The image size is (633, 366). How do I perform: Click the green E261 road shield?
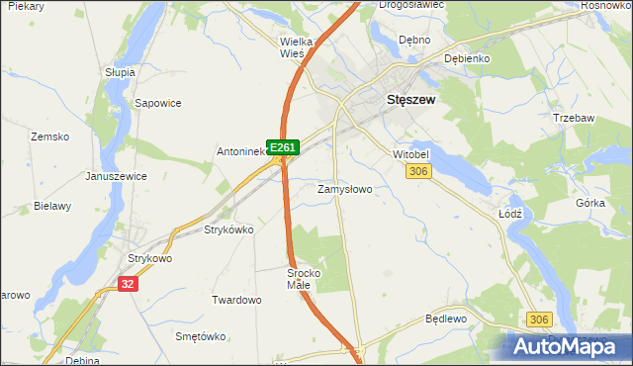click(x=283, y=147)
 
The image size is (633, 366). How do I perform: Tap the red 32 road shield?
click(x=126, y=283)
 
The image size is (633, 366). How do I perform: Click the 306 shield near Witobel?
click(x=418, y=172)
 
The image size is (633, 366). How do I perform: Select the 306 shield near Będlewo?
click(x=539, y=319)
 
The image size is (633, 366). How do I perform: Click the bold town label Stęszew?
click(x=412, y=100)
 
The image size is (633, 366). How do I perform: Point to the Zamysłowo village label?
click(x=344, y=188)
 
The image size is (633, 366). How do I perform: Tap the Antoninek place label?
click(x=241, y=152)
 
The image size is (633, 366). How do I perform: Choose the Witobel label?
click(x=412, y=156)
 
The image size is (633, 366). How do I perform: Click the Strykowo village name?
click(x=150, y=259)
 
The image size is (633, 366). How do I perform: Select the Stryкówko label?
click(x=228, y=229)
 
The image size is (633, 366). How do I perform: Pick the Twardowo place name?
click(x=236, y=299)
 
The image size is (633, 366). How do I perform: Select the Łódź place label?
click(x=509, y=214)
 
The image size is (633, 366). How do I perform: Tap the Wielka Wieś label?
click(x=297, y=47)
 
